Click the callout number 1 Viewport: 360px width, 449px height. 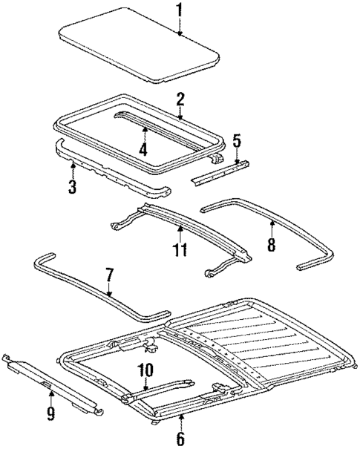179,10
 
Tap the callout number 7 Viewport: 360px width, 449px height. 109,276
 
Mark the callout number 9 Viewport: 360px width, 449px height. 50,413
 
